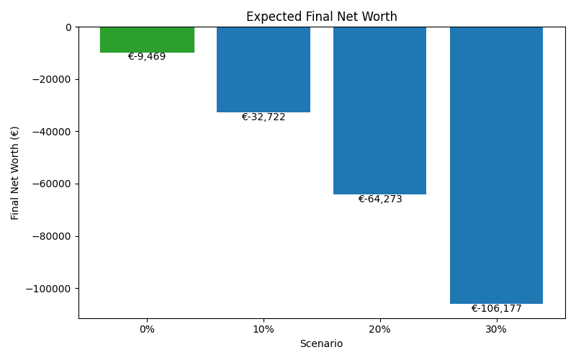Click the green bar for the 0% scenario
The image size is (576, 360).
[x=147, y=40]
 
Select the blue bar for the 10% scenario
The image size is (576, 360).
[x=264, y=69]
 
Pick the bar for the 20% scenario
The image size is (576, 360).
[x=379, y=110]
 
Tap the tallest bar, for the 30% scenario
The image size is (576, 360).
[x=496, y=165]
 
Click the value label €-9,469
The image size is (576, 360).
[x=147, y=57]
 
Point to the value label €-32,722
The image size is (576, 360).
[x=264, y=117]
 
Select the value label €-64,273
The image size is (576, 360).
[x=380, y=199]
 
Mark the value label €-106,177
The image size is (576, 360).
[x=496, y=309]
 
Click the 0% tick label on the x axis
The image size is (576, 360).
[x=147, y=329]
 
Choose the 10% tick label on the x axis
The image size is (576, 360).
[x=264, y=329]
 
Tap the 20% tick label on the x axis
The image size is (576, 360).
[x=379, y=329]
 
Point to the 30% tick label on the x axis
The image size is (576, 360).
[x=496, y=329]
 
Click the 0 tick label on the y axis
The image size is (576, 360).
[x=68, y=27]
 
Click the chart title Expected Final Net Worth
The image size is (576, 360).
[x=322, y=17]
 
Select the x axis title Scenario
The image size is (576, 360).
[x=321, y=344]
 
